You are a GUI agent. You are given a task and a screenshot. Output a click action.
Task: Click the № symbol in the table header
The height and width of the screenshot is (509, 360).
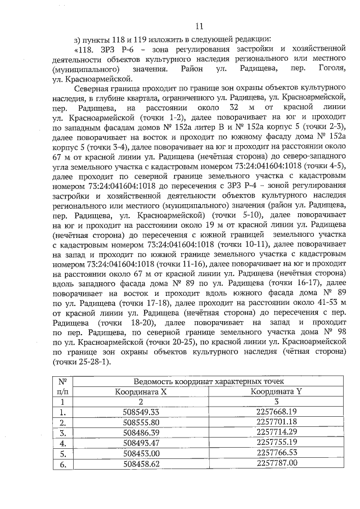pyautogui.click(x=64, y=381)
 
